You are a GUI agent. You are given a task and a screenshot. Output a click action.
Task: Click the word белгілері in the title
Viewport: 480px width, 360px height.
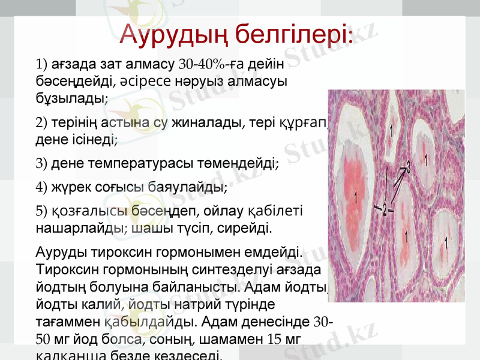coord(290,35)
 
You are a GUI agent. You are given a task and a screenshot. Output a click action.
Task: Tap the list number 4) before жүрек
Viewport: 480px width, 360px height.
coord(42,187)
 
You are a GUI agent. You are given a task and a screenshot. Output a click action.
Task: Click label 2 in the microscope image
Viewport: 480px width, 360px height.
coord(384,209)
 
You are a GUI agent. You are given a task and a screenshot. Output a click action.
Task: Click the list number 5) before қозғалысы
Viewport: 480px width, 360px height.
coord(42,211)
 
